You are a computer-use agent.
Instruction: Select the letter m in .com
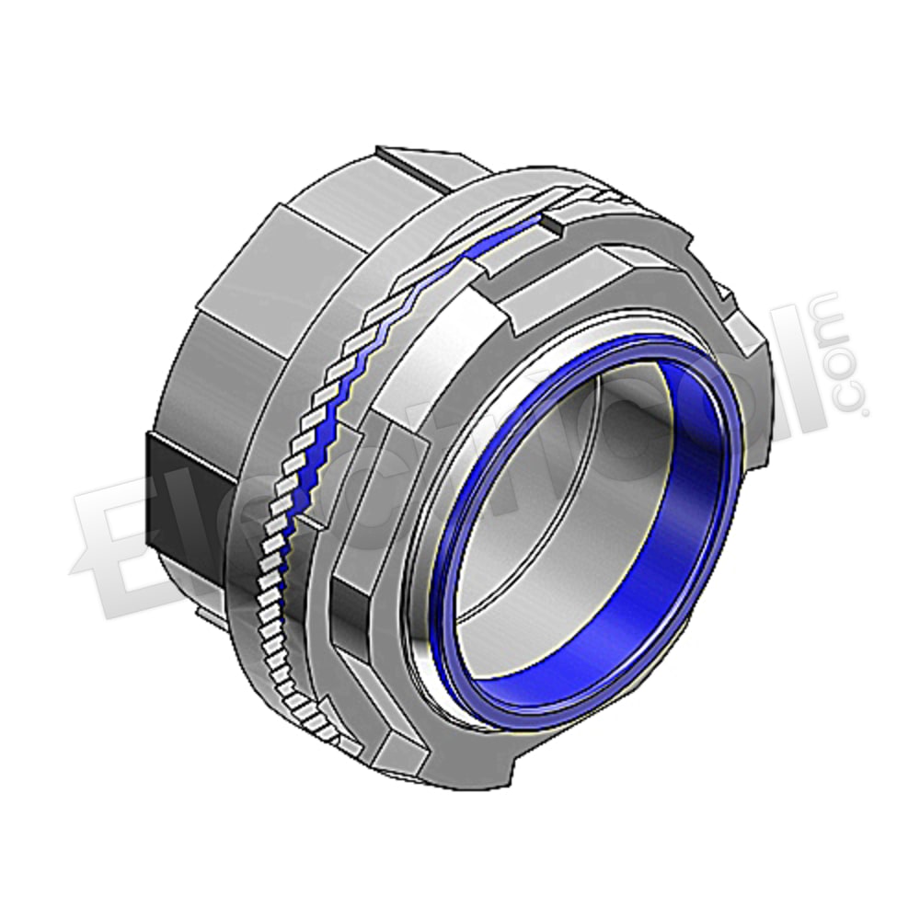pos(833,318)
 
